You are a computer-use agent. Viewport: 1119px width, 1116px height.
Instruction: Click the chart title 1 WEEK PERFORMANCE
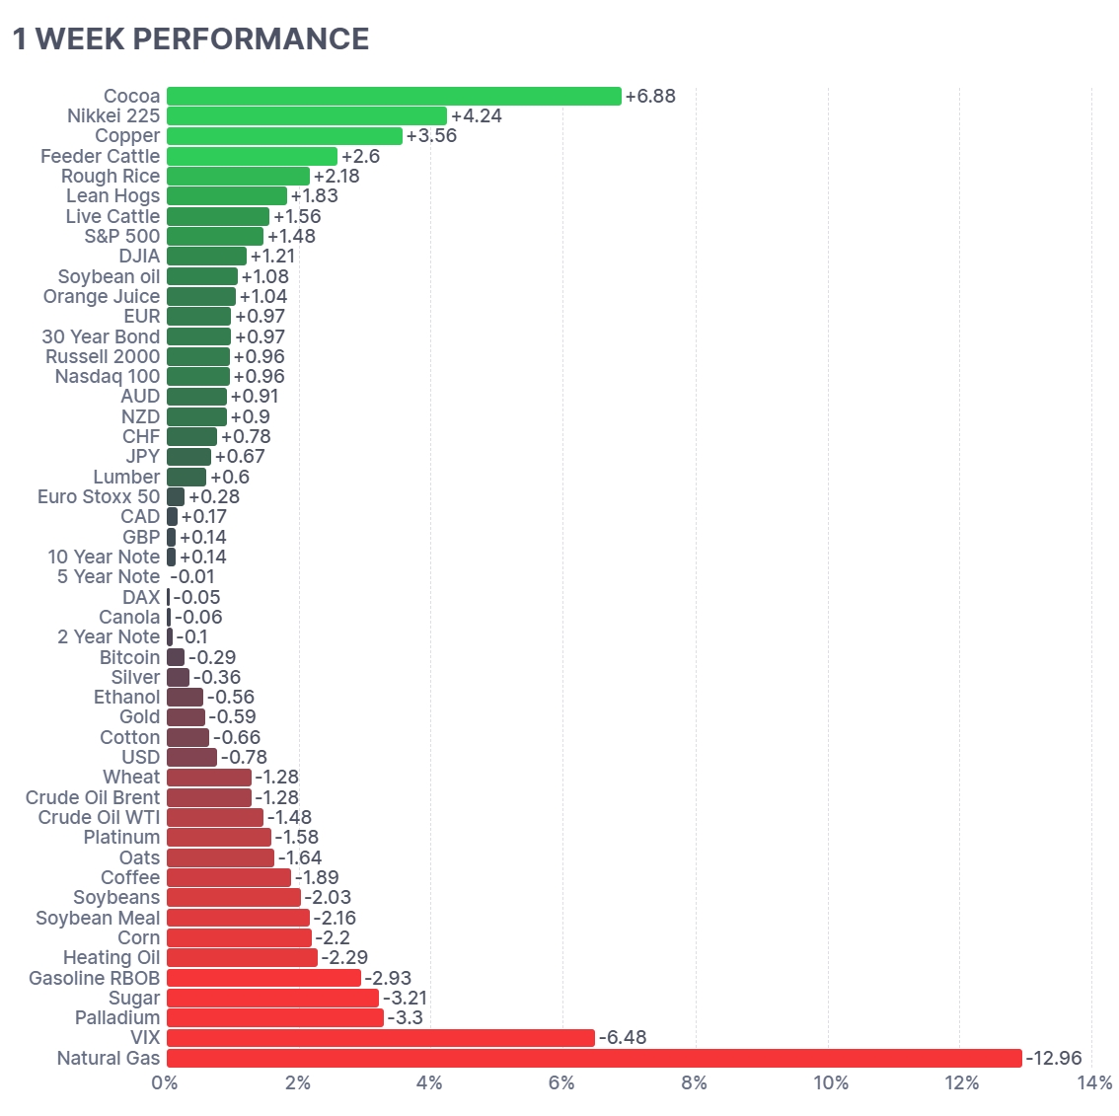191,39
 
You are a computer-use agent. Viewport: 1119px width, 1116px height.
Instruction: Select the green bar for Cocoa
394,97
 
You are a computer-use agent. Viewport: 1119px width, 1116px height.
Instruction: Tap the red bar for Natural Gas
594,1058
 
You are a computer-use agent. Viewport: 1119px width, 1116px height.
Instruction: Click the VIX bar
381,1038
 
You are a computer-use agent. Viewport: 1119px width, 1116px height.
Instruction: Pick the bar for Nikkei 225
307,116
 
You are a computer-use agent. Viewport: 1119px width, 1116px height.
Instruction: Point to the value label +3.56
431,136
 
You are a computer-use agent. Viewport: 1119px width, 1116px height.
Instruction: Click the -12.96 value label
1053,1058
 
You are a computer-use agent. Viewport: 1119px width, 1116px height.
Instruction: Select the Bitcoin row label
130,657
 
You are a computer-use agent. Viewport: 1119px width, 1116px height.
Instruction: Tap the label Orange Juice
102,297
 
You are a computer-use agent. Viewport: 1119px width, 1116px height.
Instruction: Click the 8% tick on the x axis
695,1083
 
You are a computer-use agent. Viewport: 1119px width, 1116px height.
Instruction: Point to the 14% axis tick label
1094,1083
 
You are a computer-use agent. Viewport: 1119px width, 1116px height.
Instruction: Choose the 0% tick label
165,1083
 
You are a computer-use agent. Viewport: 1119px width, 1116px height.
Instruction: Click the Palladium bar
275,1018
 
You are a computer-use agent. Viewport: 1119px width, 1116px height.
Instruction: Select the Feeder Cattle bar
252,156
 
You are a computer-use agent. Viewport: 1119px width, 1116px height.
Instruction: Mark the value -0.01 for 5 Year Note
192,577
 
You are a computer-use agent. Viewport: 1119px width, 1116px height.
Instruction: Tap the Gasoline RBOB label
94,978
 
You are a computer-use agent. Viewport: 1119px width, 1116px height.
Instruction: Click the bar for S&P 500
215,236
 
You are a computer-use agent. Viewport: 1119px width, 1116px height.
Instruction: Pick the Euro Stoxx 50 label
99,496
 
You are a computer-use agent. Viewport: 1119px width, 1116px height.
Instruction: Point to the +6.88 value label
650,97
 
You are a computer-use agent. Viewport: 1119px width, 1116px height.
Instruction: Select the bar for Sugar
272,999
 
